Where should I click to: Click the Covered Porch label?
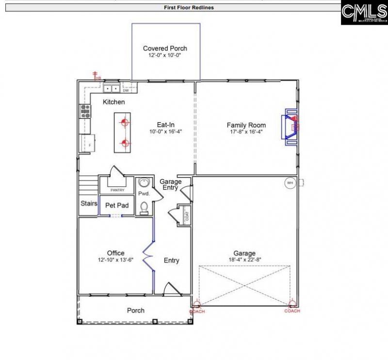click(165, 49)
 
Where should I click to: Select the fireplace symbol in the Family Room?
click(291, 126)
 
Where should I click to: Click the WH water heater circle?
click(290, 183)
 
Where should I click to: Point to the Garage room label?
click(244, 253)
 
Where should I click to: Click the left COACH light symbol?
click(196, 306)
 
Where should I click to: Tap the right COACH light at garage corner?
click(292, 306)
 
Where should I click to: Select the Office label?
click(116, 253)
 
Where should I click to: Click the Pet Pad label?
click(117, 206)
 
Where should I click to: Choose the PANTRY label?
click(117, 190)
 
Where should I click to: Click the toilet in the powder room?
click(144, 208)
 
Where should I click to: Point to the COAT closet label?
click(187, 214)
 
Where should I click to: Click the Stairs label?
click(89, 203)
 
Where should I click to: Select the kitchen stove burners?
click(85, 112)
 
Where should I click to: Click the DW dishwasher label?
click(125, 91)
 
